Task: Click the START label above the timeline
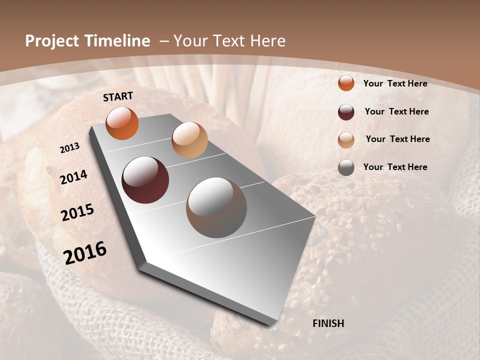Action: [118, 96]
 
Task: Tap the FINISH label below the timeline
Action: [328, 323]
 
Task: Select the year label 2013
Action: [70, 148]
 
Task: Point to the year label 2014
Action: [74, 177]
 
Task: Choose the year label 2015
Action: [77, 212]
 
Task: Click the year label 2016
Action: [85, 253]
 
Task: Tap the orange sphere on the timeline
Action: [122, 123]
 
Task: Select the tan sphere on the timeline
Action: [189, 140]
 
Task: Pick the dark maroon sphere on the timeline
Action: [145, 180]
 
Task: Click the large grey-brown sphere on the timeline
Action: [216, 207]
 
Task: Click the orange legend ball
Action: [346, 83]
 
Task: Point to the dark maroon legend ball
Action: [346, 112]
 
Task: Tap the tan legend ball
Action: [346, 140]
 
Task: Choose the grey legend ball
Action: [346, 167]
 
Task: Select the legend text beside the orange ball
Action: [395, 83]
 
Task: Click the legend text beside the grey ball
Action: [395, 167]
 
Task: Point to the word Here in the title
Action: [268, 41]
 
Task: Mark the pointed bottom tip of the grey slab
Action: [272, 325]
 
